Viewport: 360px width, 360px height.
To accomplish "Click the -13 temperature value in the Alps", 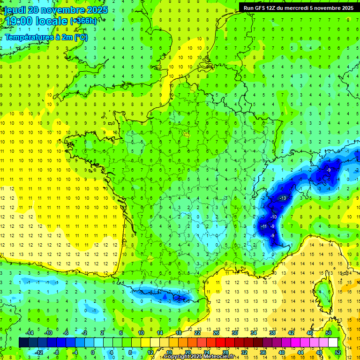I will click(x=283, y=198).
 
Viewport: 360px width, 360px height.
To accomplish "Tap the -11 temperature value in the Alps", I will click(x=263, y=226).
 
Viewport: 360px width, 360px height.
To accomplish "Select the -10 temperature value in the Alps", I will click(x=273, y=217).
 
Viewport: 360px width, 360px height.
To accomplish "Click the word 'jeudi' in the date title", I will click(x=15, y=10).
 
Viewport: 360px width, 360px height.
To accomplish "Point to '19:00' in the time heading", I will click(x=19, y=21).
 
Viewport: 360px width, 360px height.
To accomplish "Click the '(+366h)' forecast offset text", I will click(x=83, y=21).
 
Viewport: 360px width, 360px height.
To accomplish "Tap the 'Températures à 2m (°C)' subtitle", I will click(x=46, y=37).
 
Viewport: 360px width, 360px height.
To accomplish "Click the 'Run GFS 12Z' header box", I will click(x=297, y=7).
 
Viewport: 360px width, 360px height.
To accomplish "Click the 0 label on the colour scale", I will click(x=92, y=352).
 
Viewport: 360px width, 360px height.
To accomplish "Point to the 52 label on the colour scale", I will click(x=337, y=352).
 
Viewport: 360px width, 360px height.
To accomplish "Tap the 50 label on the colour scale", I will click(x=328, y=333).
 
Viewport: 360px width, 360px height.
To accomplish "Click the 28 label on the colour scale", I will click(x=225, y=352).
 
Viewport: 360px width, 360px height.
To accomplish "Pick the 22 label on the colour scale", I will click(x=197, y=333).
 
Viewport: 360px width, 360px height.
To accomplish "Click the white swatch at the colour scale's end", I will click(x=333, y=342).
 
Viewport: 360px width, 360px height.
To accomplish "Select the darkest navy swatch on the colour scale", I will click(x=23, y=342).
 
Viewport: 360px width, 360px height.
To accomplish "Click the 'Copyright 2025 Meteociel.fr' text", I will click(x=199, y=357).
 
